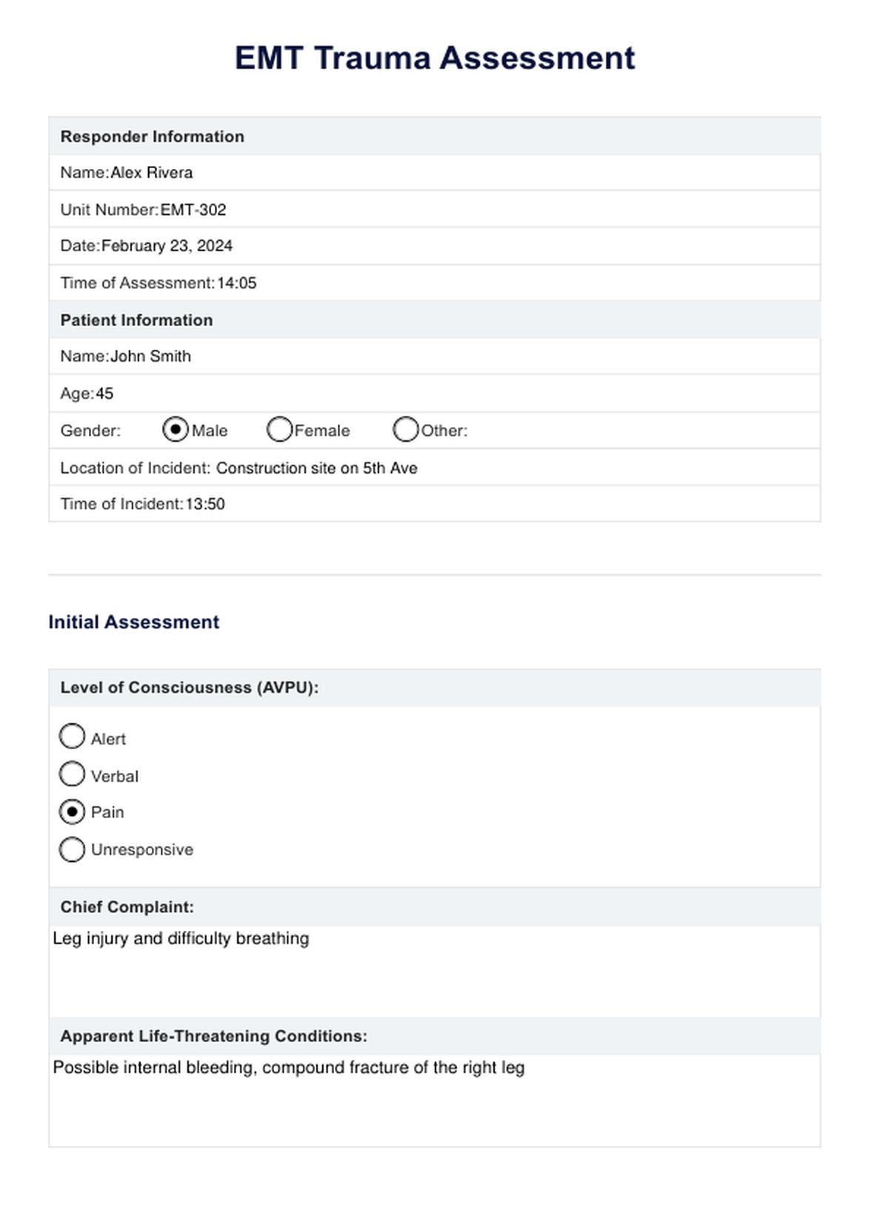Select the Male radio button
coord(176,430)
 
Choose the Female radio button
coord(279,430)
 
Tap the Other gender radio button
coord(405,430)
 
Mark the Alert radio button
coord(72,737)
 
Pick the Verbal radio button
coord(72,774)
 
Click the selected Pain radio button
coord(72,812)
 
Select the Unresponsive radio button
coord(72,849)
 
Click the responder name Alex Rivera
coord(152,173)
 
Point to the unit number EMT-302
coord(193,210)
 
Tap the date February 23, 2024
coord(167,246)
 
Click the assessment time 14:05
coord(237,283)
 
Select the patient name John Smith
coord(150,356)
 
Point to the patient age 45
coord(104,394)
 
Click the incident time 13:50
coord(205,504)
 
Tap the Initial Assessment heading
coord(134,622)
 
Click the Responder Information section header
coord(153,136)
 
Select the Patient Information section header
coord(137,320)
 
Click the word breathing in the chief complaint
coord(273,939)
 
